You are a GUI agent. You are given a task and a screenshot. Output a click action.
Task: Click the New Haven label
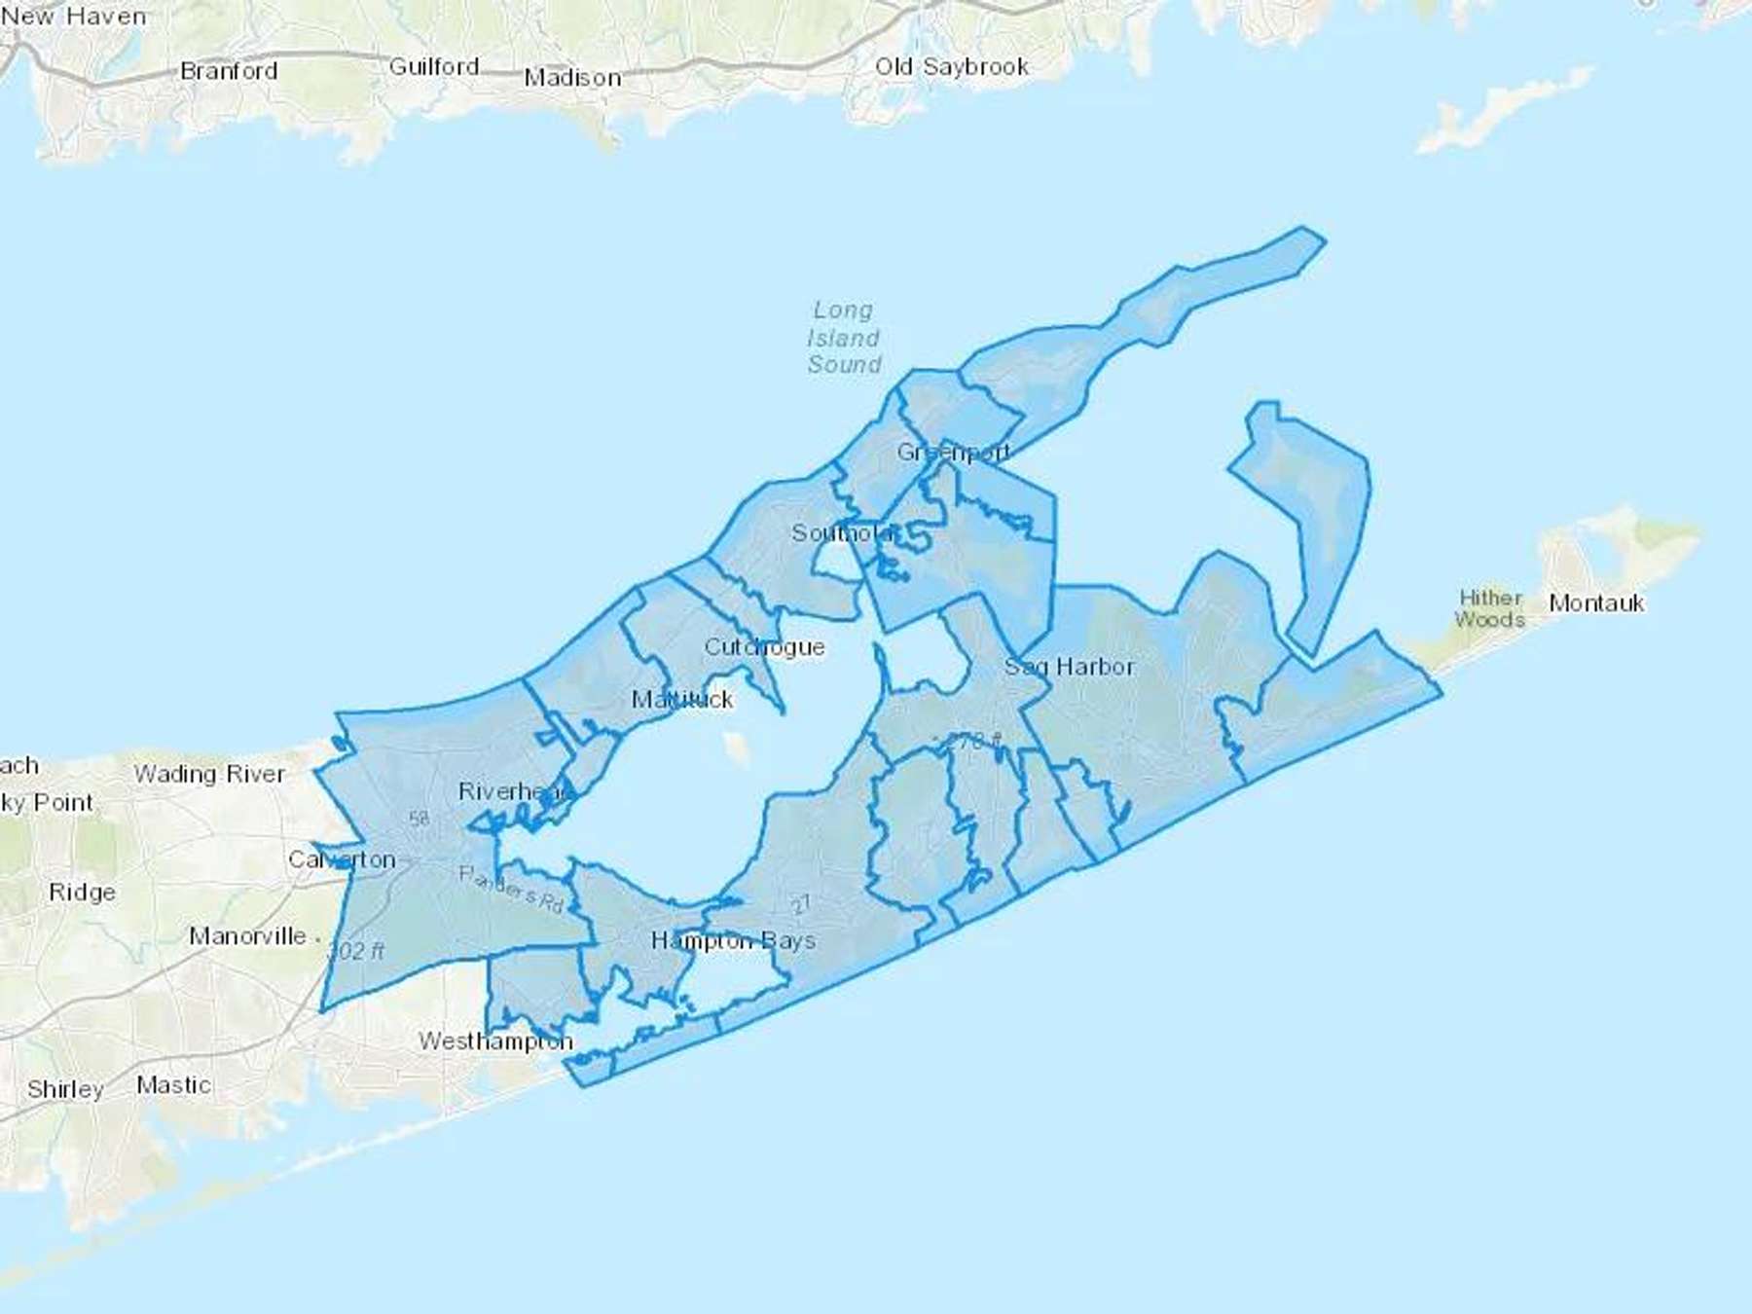click(74, 17)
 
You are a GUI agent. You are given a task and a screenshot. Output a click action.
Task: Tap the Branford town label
click(229, 71)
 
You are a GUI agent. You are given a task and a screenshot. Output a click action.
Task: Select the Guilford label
click(434, 66)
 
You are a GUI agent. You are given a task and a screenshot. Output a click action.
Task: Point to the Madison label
click(572, 78)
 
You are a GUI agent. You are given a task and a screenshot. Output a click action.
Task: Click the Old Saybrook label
click(951, 66)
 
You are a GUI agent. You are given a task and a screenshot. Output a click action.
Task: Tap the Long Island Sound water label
click(844, 337)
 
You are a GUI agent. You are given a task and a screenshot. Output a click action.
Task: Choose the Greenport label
click(953, 453)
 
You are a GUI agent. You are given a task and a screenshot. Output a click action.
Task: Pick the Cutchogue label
click(764, 647)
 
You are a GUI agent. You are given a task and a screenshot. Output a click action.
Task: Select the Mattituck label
click(682, 699)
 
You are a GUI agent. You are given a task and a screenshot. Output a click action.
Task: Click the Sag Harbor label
click(1069, 667)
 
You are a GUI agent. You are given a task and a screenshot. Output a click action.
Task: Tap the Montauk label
click(1596, 603)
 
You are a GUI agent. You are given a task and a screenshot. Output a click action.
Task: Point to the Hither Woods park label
click(1490, 608)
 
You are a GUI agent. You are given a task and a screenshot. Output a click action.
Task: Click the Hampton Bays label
click(733, 940)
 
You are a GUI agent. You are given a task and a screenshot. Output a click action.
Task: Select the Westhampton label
click(495, 1040)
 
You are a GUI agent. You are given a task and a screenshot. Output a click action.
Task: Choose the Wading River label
click(209, 774)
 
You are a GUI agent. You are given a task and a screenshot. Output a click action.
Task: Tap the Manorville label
click(247, 936)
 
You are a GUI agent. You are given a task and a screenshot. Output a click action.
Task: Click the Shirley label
click(65, 1089)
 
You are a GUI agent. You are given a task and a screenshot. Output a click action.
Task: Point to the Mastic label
click(173, 1084)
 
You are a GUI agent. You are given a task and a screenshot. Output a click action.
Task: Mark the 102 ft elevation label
click(357, 950)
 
